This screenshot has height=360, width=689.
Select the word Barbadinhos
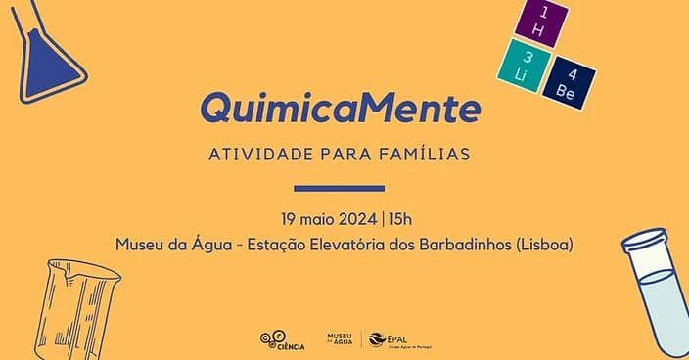(x=455, y=243)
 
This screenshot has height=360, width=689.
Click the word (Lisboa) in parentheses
(x=538, y=243)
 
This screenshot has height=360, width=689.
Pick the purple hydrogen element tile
(x=540, y=23)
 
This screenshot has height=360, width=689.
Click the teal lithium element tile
(x=519, y=64)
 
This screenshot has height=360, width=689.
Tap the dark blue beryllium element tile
(x=569, y=81)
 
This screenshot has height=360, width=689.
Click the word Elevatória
(x=332, y=243)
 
